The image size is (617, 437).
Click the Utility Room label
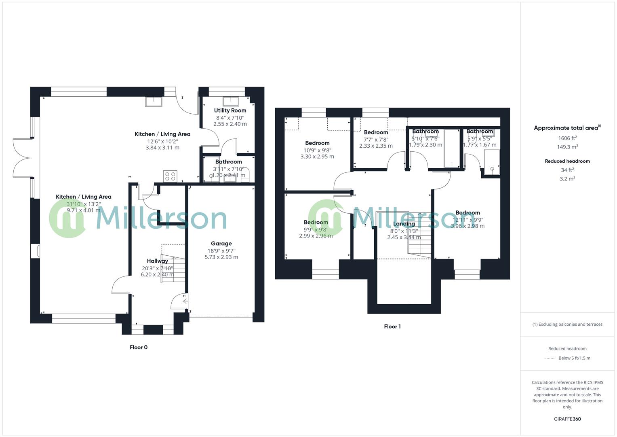point(230,110)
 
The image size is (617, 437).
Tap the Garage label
point(221,244)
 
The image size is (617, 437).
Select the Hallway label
point(157,261)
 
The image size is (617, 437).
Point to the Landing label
point(404,224)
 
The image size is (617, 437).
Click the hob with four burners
point(170,176)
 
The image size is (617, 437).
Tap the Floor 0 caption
point(139,347)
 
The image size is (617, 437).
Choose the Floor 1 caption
point(392,327)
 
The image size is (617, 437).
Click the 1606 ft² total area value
point(567,138)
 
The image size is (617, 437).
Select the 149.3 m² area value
point(567,147)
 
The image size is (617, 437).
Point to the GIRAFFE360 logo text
point(567,419)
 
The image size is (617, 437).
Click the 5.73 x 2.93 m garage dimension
point(221,257)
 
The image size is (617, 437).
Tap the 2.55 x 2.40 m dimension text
point(230,124)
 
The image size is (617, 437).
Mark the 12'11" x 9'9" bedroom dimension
point(467,220)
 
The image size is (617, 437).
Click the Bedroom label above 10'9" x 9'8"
point(317,143)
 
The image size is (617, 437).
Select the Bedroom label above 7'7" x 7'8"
point(376,132)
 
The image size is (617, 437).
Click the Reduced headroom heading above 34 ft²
point(567,161)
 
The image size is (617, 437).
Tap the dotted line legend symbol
point(550,358)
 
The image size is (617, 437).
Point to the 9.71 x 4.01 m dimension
point(83,210)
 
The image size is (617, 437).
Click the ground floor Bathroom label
point(228,162)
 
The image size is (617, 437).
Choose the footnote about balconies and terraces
point(567,324)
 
